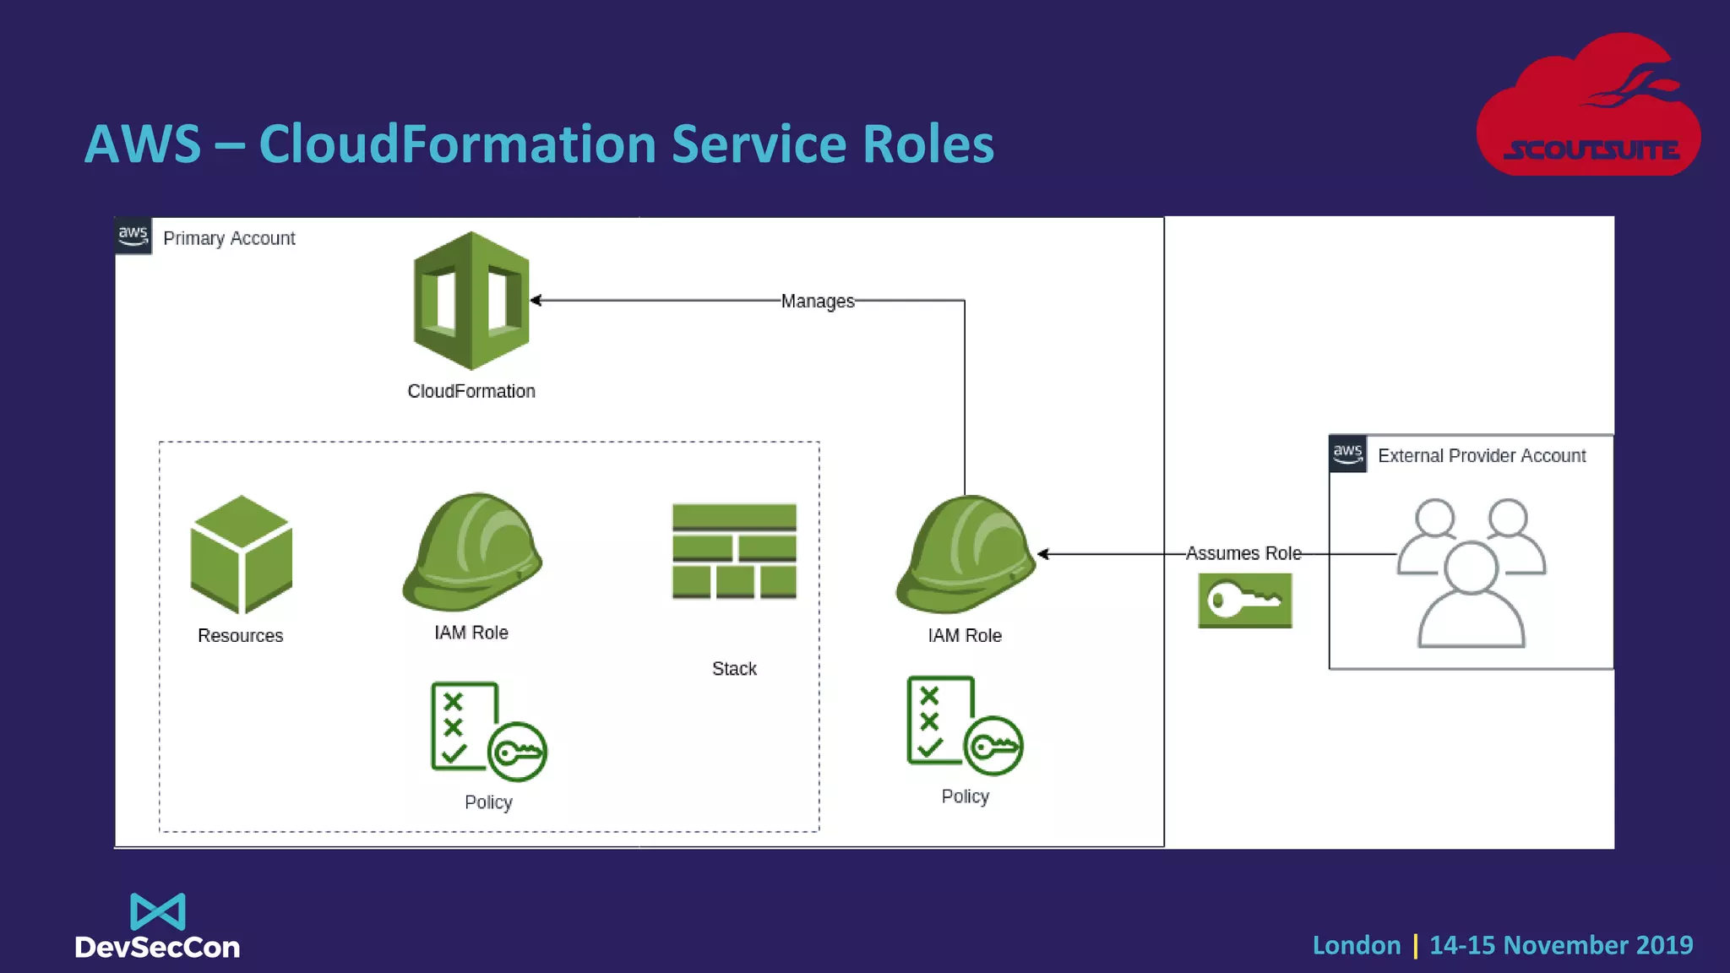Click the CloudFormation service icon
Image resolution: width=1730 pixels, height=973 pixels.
coord(471,301)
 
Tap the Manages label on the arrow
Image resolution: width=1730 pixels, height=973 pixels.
coord(817,302)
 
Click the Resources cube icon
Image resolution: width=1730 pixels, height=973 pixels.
coord(242,555)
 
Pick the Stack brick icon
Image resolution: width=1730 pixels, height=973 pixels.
coord(734,552)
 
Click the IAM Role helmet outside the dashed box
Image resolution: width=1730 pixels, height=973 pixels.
coord(965,555)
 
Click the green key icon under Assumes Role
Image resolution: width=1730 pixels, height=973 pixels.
coord(1244,601)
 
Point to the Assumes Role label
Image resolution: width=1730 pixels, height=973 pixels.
coord(1243,553)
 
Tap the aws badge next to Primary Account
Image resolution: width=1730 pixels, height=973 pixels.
coord(133,236)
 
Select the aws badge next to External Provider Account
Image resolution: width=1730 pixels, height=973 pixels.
coord(1347,454)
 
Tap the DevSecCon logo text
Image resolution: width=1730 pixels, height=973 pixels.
coord(157,947)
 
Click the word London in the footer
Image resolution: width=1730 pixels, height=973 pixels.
coord(1356,945)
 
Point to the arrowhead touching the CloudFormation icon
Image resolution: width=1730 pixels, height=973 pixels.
coord(536,300)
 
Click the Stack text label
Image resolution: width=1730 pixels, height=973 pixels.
coord(734,669)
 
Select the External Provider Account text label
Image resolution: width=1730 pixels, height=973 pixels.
coord(1481,456)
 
